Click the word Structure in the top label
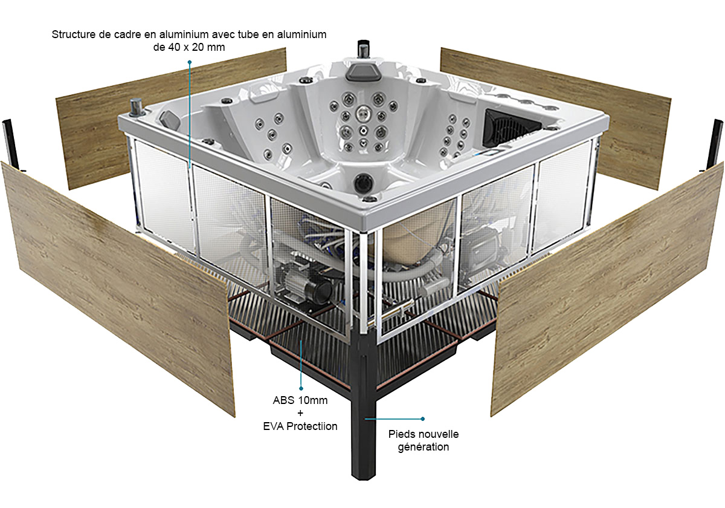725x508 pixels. (x=74, y=34)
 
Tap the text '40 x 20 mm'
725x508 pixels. (x=196, y=47)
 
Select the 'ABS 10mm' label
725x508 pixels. (x=300, y=400)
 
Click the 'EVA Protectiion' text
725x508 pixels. (x=300, y=426)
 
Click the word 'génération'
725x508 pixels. (x=424, y=448)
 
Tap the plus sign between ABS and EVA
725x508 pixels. (x=300, y=413)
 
